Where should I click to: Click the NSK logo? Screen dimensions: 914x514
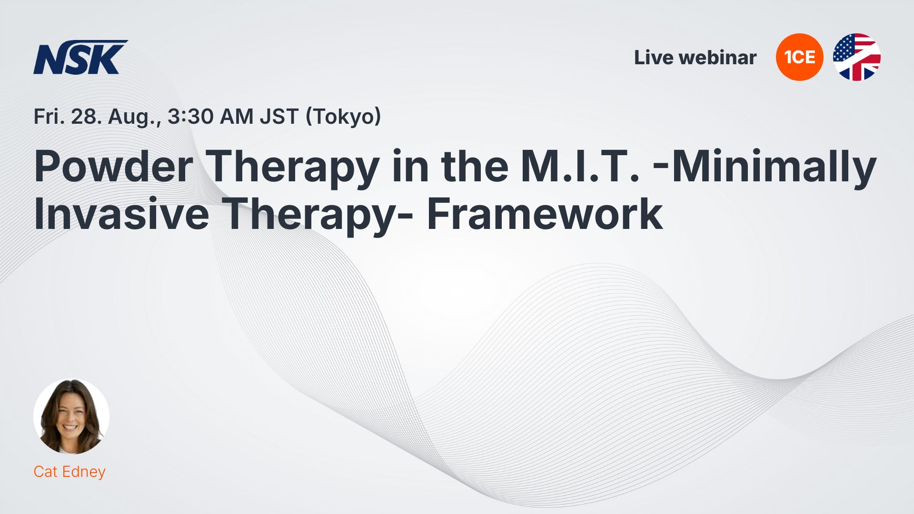click(80, 57)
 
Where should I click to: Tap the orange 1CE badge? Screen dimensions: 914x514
click(799, 57)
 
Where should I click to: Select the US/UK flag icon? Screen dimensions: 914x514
click(856, 57)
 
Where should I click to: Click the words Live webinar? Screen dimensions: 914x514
click(695, 58)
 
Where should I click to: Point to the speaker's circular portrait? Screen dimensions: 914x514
click(71, 416)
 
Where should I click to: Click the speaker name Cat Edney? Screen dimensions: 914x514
click(70, 472)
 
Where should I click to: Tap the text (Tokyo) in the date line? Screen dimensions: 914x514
click(343, 117)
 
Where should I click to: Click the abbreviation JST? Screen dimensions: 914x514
click(279, 117)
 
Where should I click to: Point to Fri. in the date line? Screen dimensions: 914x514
click(50, 117)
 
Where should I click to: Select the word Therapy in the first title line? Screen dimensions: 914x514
click(293, 168)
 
